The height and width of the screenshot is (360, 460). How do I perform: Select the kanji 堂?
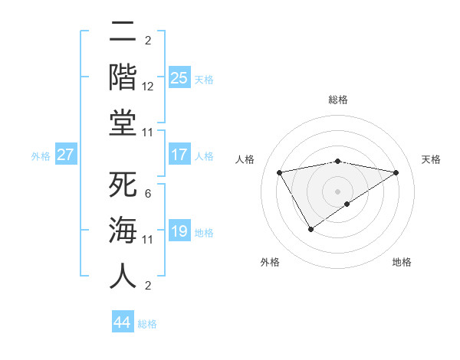click(123, 122)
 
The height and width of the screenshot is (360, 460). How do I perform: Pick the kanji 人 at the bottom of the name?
click(123, 276)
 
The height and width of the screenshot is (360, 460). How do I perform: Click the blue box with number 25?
click(179, 77)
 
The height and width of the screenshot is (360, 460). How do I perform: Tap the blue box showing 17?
click(179, 155)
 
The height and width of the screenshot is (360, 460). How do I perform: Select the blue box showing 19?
click(179, 231)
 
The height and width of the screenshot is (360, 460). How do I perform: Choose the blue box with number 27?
click(65, 155)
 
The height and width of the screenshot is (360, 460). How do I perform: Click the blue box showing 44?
click(123, 322)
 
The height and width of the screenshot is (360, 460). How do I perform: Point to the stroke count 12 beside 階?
click(148, 87)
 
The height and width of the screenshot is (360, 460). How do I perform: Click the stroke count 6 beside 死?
click(148, 194)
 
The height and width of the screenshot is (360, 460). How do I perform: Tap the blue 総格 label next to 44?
click(148, 324)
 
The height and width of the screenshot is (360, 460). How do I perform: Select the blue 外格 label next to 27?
click(41, 156)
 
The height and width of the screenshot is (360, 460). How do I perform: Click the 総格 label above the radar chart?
click(338, 100)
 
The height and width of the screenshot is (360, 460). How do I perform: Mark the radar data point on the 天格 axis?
click(396, 172)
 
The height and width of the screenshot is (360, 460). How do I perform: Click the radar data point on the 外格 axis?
click(310, 228)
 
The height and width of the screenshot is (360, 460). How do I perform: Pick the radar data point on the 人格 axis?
click(280, 172)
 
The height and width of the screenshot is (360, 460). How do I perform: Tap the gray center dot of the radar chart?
click(338, 191)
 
